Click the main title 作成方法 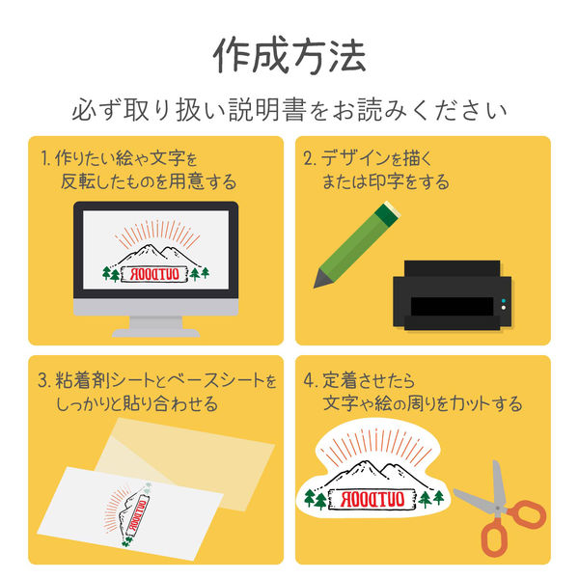click(x=289, y=55)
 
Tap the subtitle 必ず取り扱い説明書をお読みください click(x=289, y=110)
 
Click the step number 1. click(x=44, y=158)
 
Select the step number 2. click(x=309, y=158)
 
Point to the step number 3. click(x=44, y=380)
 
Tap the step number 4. click(x=310, y=380)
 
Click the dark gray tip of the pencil click(x=321, y=279)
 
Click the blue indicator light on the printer click(x=504, y=301)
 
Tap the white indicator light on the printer click(x=504, y=308)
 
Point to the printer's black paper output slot click(x=452, y=306)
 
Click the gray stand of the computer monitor click(x=155, y=326)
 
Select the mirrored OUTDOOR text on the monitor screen click(x=154, y=274)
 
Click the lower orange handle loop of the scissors click(x=494, y=539)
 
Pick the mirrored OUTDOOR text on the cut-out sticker click(x=372, y=499)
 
